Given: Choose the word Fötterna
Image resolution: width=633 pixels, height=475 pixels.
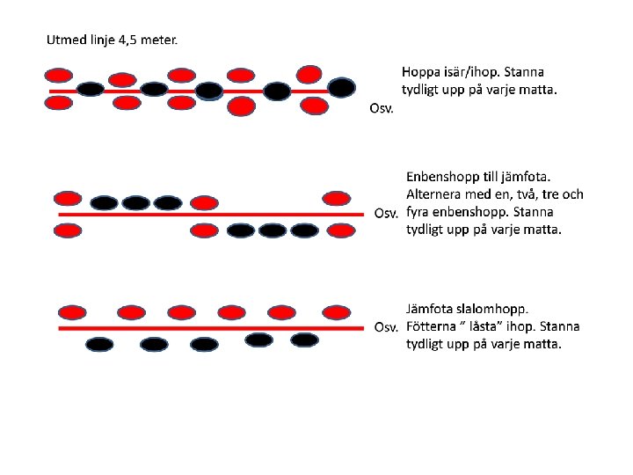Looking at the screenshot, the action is (431, 326).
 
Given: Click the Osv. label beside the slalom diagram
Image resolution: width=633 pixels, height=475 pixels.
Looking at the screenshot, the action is (386, 326).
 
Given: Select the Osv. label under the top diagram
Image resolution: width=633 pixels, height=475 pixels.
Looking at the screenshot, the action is (381, 108).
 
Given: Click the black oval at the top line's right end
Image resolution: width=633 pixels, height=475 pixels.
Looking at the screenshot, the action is (341, 88).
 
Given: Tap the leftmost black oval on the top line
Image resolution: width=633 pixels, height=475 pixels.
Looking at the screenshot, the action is (91, 89).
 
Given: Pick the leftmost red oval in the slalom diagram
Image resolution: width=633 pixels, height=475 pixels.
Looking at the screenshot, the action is (72, 312).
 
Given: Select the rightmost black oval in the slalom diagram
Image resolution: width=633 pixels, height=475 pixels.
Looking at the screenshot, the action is (305, 340).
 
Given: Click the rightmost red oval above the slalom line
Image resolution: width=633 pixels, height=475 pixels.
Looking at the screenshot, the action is (337, 312).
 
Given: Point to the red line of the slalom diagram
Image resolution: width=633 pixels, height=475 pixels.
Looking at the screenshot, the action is (211, 328).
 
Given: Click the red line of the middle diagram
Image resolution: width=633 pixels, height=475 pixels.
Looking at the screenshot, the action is (211, 215).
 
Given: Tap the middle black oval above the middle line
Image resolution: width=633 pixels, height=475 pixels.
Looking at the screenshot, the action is (136, 203).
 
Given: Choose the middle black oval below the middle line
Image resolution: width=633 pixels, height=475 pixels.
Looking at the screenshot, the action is (273, 230).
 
